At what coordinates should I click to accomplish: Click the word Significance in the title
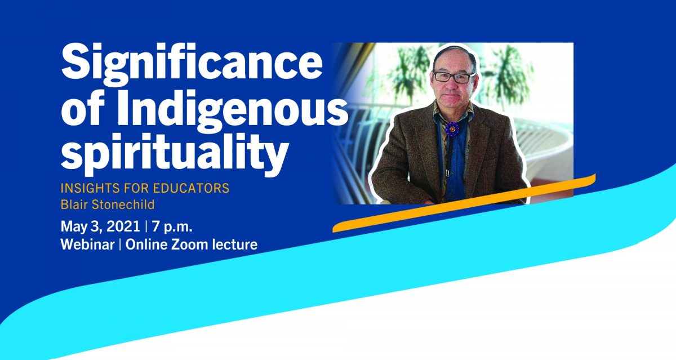click(192, 65)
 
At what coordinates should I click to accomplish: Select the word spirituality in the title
click(174, 153)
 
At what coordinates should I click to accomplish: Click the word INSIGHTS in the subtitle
click(90, 188)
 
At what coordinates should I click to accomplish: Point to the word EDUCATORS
click(191, 188)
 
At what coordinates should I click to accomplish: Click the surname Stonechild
click(123, 205)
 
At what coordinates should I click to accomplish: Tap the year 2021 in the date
click(123, 226)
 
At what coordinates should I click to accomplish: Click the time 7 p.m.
click(172, 227)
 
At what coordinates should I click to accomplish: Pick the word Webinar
click(87, 245)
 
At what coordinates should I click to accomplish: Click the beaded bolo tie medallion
click(452, 130)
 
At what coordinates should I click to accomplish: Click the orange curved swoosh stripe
click(464, 203)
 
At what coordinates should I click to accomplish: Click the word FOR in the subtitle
click(136, 188)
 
